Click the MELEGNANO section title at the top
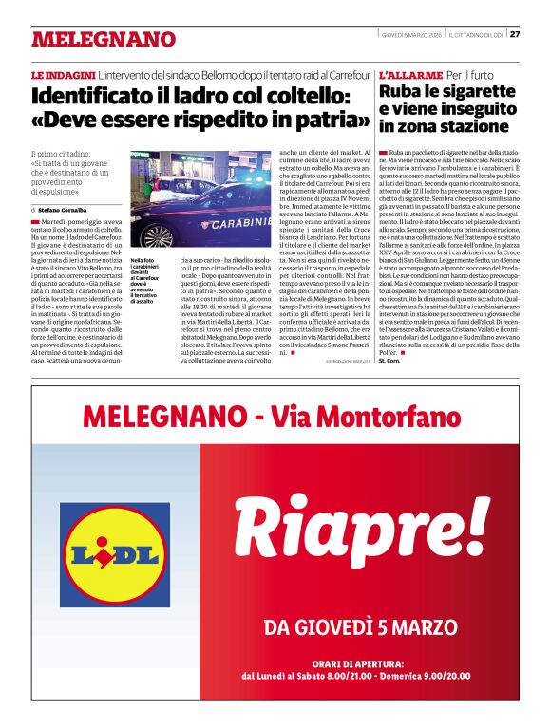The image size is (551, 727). coord(104,39)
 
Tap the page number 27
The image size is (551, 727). coord(514,35)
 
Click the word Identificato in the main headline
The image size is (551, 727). coord(103,96)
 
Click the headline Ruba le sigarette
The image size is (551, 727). coord(446,92)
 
